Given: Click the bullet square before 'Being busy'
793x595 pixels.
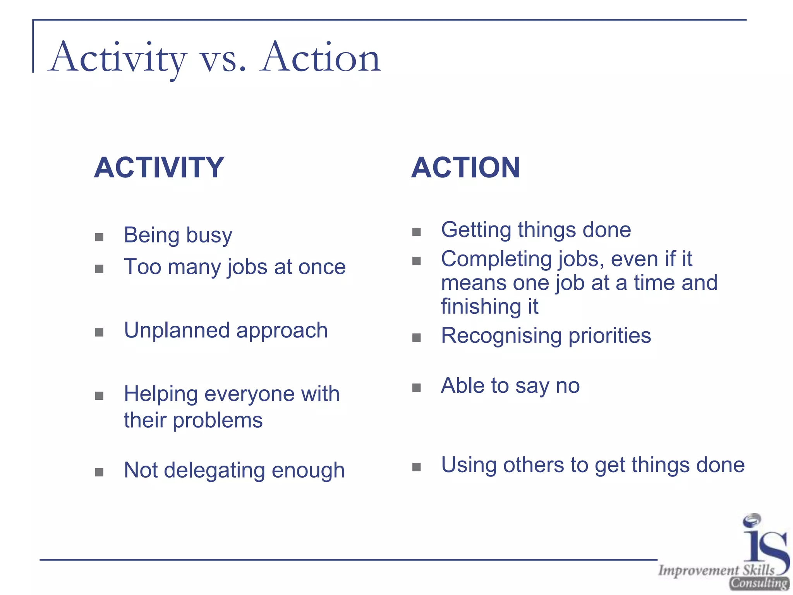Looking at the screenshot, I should click(99, 237).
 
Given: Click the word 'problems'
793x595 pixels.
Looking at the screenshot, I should click(218, 420).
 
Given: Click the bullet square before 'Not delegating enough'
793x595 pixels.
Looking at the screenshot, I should click(99, 472).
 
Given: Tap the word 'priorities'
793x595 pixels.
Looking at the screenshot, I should click(610, 335).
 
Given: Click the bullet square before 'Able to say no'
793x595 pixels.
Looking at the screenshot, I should click(417, 388).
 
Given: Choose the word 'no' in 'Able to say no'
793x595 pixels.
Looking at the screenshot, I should click(567, 386).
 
